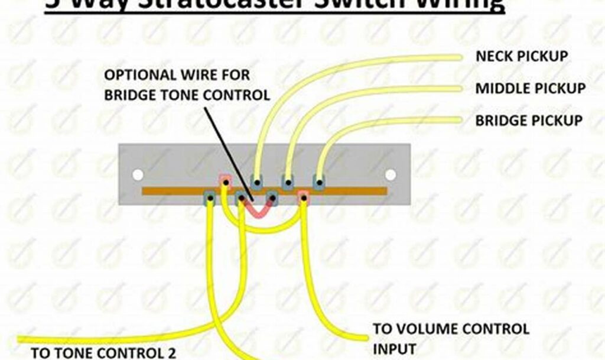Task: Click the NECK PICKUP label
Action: coord(522,57)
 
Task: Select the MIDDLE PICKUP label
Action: coord(531,89)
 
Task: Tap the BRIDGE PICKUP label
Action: coord(529,121)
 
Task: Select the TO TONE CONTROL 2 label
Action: coord(103,353)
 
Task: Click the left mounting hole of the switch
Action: coord(138,175)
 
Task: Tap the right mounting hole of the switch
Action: coord(390,175)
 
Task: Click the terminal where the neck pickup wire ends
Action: coord(257,181)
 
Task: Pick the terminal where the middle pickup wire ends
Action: coord(288,181)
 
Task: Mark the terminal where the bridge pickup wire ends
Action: coord(318,181)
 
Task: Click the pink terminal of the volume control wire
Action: coord(303,196)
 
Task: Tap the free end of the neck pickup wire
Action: coord(458,57)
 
